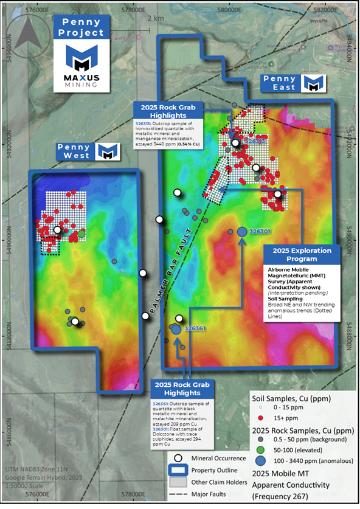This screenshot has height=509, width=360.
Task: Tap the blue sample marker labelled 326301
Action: coord(241,232)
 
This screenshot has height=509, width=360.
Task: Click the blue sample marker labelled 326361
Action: coord(176,329)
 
